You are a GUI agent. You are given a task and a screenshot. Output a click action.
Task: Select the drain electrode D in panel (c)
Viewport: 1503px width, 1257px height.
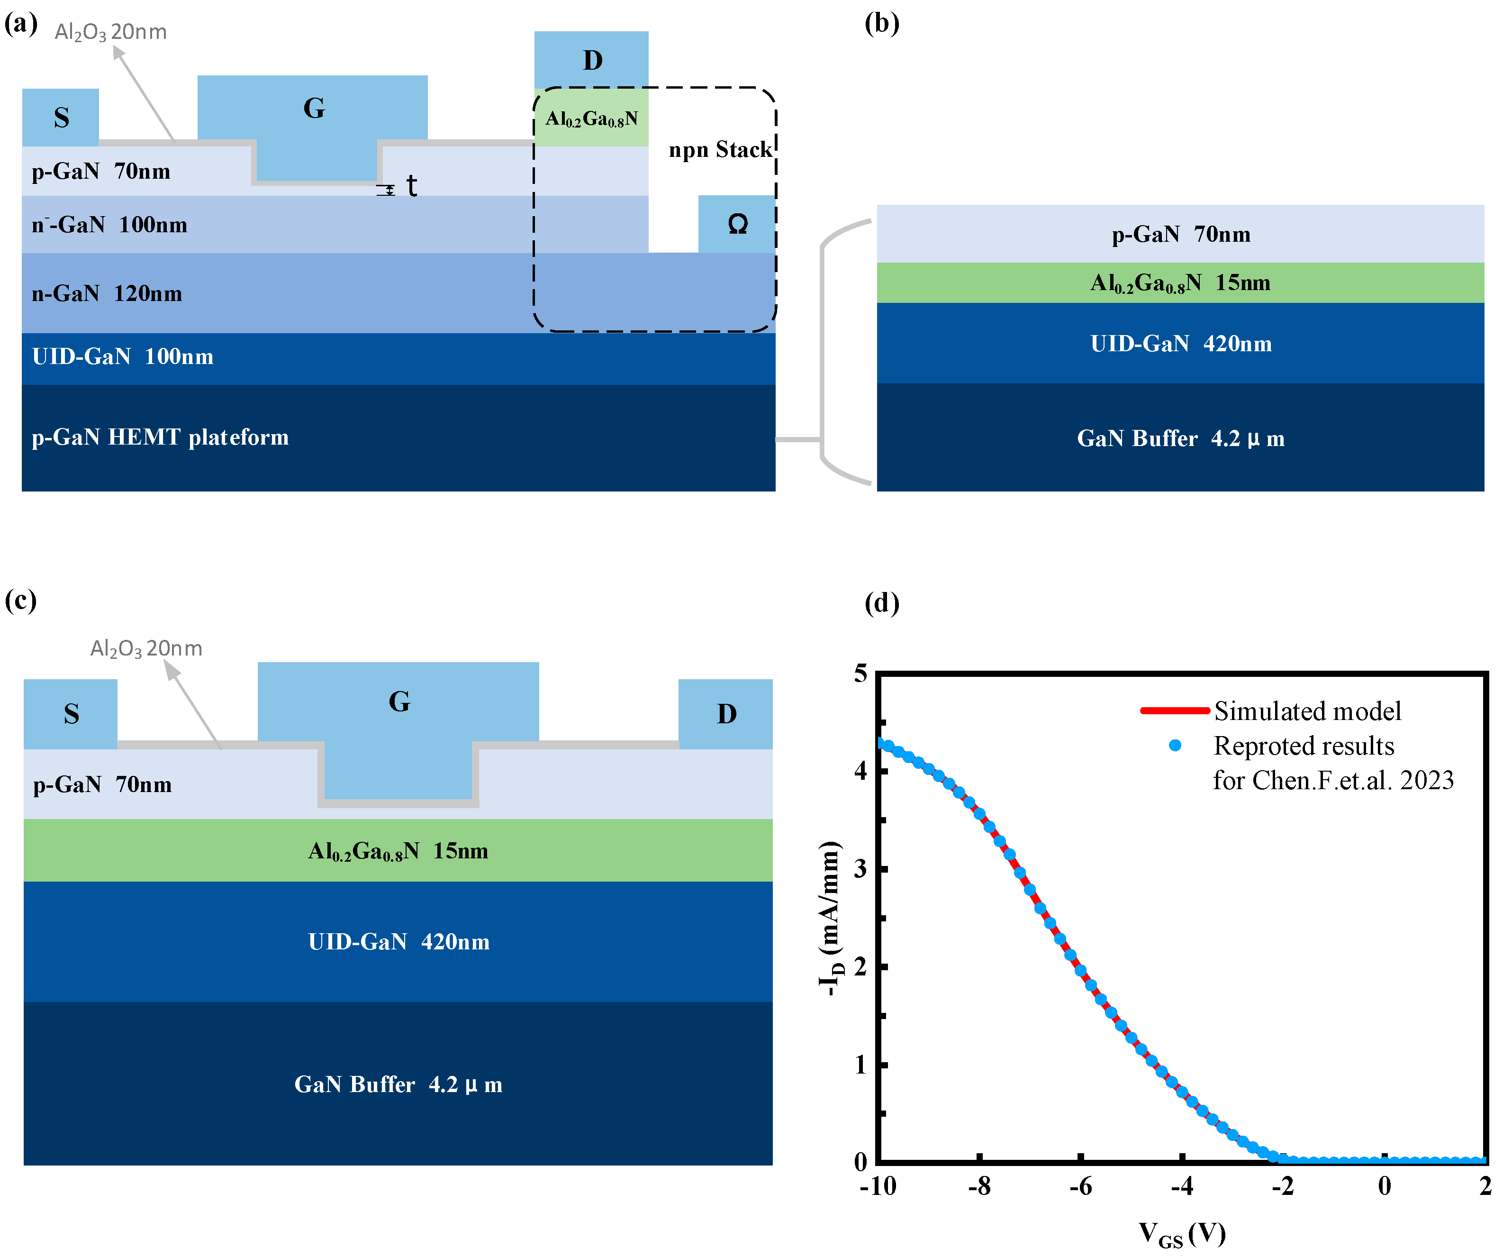[726, 714]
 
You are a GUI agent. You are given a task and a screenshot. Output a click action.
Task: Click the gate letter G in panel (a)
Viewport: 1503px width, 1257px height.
[314, 108]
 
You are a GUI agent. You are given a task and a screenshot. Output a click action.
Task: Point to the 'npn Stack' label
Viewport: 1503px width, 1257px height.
[719, 150]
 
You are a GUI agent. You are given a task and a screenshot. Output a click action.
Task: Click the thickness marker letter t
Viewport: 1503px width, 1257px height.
[412, 186]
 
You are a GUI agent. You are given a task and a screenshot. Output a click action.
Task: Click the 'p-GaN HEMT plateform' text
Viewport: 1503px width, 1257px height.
[160, 437]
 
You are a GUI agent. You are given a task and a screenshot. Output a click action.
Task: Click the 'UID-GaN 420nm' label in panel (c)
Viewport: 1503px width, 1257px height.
[398, 941]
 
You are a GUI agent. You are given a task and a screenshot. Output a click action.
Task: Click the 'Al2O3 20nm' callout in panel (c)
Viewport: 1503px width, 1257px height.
[146, 648]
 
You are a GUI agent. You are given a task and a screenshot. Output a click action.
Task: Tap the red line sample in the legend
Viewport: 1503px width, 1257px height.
[1175, 711]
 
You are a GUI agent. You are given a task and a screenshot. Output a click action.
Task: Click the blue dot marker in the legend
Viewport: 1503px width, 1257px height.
[1175, 746]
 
